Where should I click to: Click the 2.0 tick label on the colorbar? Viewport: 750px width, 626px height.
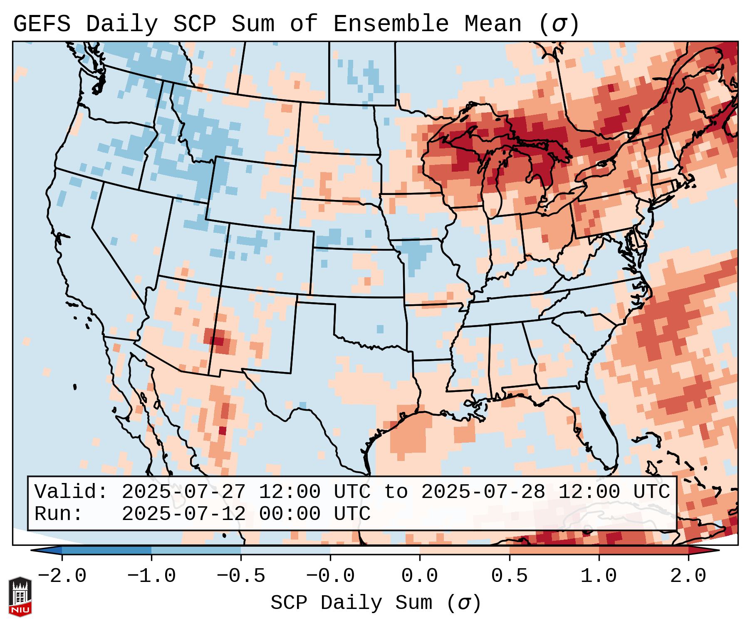pyautogui.click(x=688, y=576)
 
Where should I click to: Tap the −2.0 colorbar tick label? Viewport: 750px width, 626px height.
pyautogui.click(x=62, y=576)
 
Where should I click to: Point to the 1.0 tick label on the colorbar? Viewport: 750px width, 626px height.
pyautogui.click(x=599, y=576)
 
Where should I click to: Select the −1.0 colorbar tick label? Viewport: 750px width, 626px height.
pyautogui.click(x=151, y=576)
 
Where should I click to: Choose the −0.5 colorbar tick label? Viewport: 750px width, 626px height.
pyautogui.click(x=240, y=576)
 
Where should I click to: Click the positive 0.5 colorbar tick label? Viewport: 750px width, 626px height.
pyautogui.click(x=509, y=576)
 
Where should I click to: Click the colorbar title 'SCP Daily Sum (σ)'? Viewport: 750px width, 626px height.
pyautogui.click(x=376, y=603)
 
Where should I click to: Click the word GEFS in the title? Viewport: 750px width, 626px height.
pyautogui.click(x=42, y=24)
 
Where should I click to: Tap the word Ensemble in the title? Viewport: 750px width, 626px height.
pyautogui.click(x=391, y=24)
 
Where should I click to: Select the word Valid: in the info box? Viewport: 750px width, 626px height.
pyautogui.click(x=71, y=492)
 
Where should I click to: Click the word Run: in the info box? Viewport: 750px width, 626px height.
pyautogui.click(x=59, y=514)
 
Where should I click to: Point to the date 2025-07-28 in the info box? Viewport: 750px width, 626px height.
pyautogui.click(x=483, y=492)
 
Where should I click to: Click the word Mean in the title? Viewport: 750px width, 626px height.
pyautogui.click(x=493, y=24)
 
